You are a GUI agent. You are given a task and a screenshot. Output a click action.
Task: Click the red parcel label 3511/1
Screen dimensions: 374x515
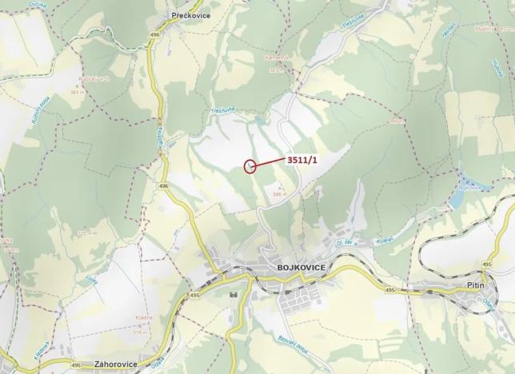pos(301,159)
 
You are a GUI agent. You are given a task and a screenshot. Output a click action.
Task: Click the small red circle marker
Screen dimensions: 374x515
pos(250,166)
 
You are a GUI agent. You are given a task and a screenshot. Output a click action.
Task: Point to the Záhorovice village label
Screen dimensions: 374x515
pos(114,364)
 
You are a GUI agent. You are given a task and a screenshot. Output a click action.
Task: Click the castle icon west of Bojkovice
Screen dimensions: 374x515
pos(234,294)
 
